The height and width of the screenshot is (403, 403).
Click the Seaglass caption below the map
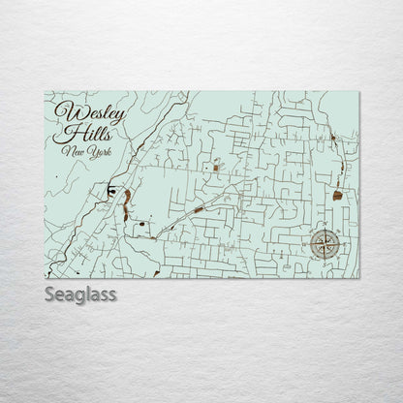[x=80, y=294]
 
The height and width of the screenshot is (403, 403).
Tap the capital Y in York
[x=87, y=151]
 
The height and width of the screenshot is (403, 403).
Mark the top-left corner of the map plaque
[x=46, y=91]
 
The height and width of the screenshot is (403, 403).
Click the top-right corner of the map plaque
[x=357, y=91]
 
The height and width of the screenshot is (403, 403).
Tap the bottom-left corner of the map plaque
[x=46, y=276]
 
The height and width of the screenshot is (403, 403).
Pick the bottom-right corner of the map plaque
[x=357, y=276]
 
